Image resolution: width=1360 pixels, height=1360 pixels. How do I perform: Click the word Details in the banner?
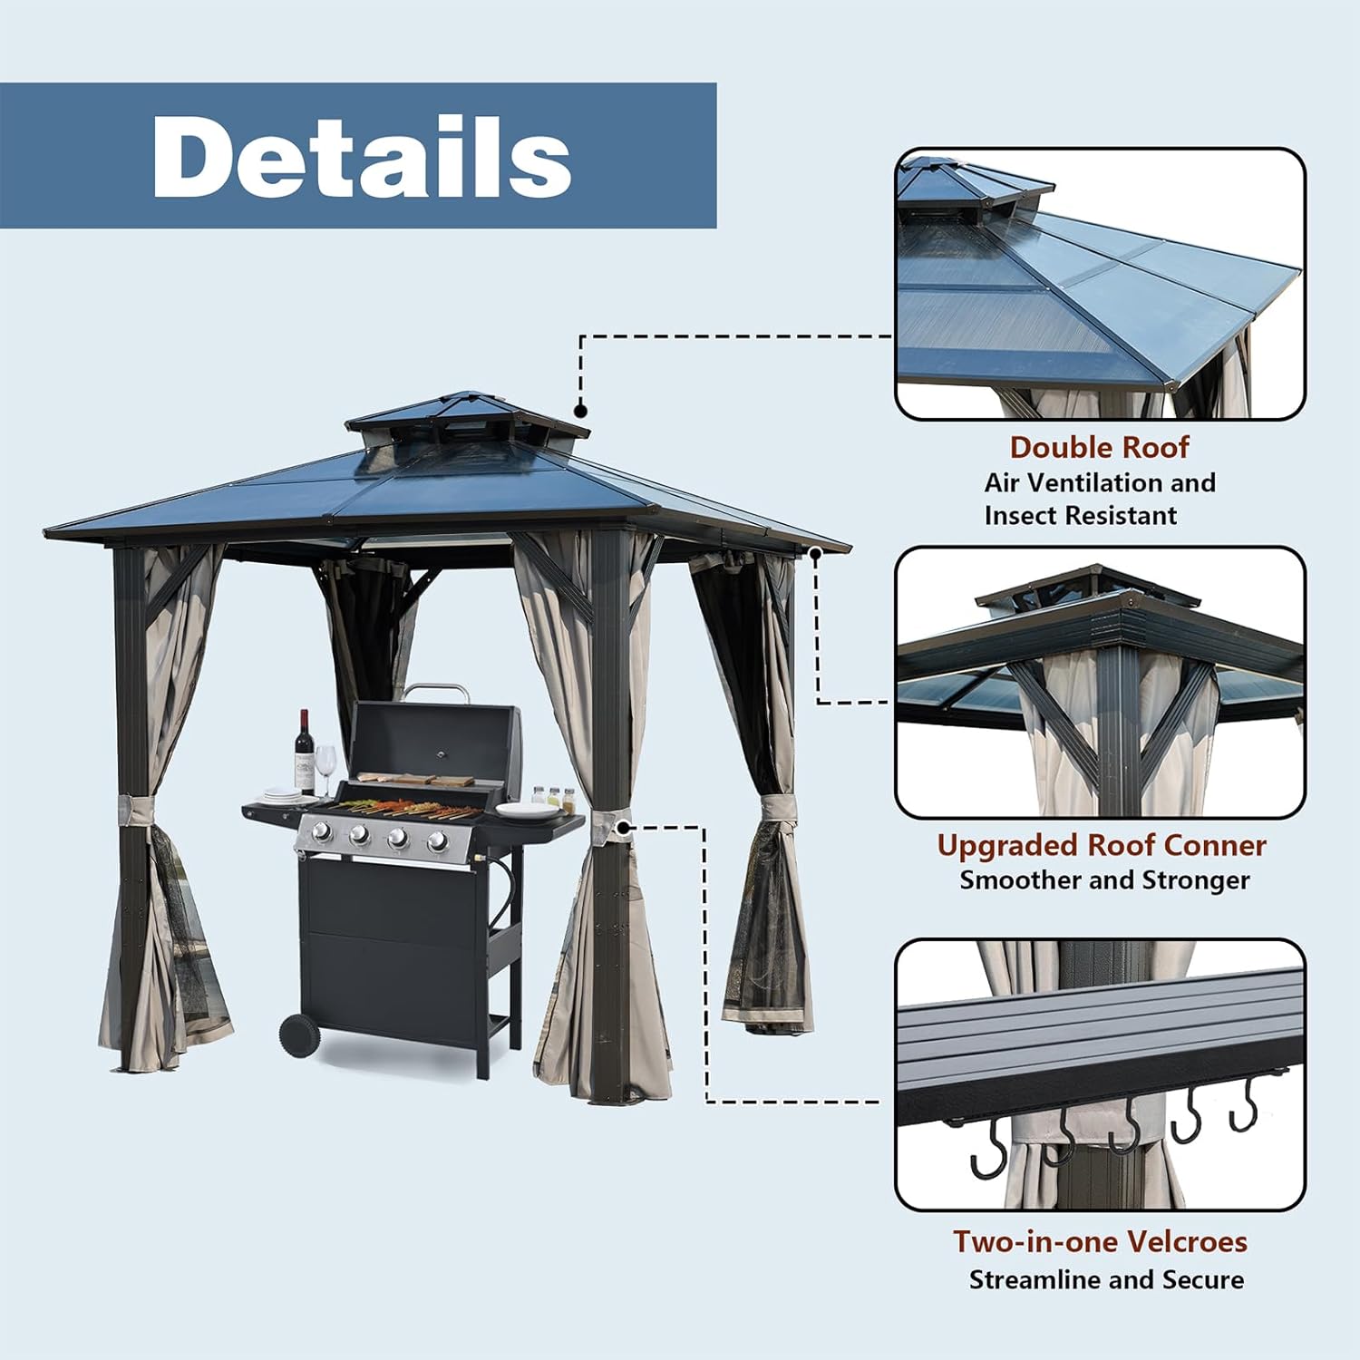pos(362,156)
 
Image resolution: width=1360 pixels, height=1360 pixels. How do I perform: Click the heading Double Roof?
pos(1099,447)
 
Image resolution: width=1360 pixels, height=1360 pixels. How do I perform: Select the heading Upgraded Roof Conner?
pos(1101,845)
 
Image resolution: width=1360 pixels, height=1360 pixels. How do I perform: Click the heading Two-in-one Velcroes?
pos(1100,1241)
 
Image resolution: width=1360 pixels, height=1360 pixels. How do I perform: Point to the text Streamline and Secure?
pos(1106,1279)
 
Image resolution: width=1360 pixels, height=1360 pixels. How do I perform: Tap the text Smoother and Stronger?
pos(1104,880)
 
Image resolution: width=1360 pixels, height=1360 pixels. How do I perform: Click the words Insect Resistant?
pos(1081,516)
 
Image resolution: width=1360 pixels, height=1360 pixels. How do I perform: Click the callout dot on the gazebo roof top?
pos(581,412)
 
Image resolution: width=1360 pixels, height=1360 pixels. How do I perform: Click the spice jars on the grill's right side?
pos(553,798)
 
